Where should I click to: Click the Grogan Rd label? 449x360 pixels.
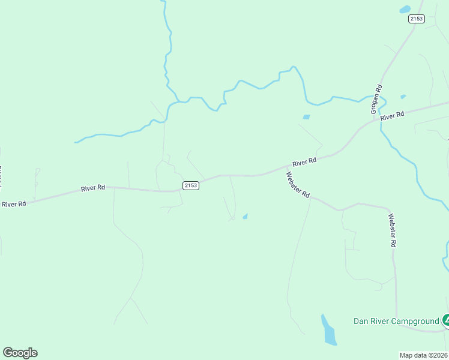tap(377, 100)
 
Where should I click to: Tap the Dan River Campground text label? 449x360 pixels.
tap(396, 322)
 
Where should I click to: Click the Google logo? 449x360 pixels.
tap(20, 353)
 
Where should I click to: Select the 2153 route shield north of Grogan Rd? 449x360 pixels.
tap(416, 19)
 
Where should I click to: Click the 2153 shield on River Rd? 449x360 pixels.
tap(190, 185)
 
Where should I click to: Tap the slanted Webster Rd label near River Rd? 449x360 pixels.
tap(298, 185)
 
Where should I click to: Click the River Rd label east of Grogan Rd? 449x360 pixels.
tap(393, 115)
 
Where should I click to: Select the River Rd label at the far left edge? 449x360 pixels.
tap(13, 204)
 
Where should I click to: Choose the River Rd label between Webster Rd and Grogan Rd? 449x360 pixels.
tap(304, 163)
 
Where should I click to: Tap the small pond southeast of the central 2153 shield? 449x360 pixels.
tap(245, 216)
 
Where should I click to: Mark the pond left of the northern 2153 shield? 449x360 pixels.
tap(405, 9)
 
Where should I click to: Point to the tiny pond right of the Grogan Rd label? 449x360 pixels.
tap(403, 97)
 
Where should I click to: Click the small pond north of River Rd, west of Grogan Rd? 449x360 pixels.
tap(306, 116)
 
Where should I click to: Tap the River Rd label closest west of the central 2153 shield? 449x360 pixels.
tap(93, 188)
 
